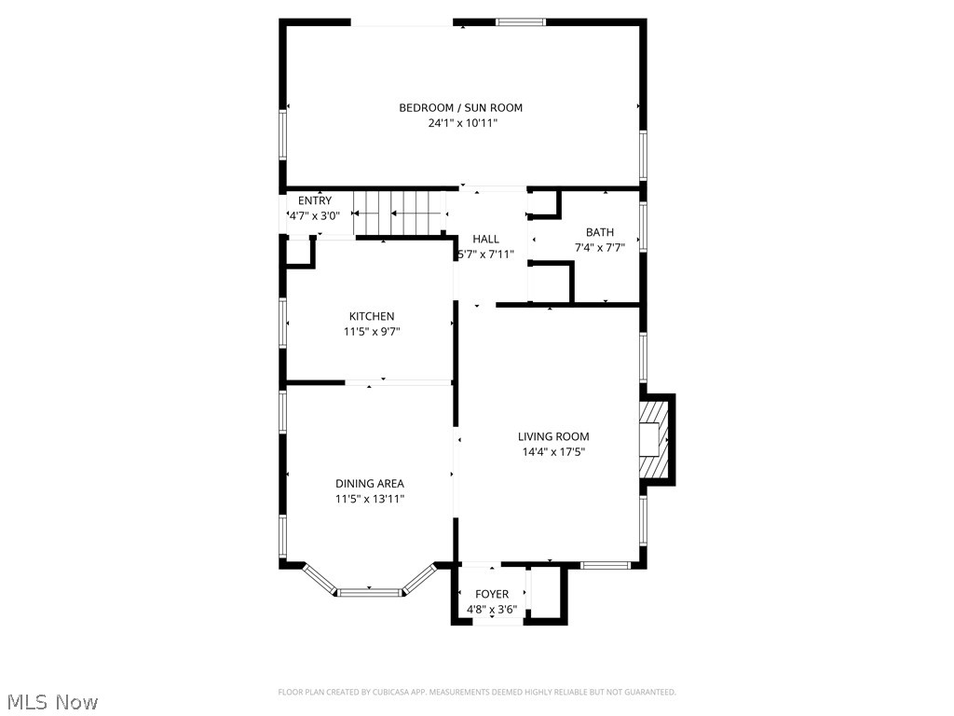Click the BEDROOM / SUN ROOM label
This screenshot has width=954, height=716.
pyautogui.click(x=460, y=108)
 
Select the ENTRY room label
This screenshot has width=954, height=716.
pyautogui.click(x=315, y=201)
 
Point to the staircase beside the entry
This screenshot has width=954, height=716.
pyautogui.click(x=398, y=213)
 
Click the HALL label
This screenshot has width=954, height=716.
pyautogui.click(x=485, y=240)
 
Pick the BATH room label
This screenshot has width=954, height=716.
pyautogui.click(x=600, y=233)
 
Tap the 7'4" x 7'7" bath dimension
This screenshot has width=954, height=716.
pyautogui.click(x=600, y=248)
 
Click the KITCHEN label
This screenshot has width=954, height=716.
pyautogui.click(x=372, y=317)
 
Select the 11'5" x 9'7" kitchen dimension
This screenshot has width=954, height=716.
pyautogui.click(x=372, y=332)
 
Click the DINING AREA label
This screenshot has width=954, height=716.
pyautogui.click(x=370, y=484)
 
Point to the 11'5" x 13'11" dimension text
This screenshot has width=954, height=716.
pyautogui.click(x=370, y=499)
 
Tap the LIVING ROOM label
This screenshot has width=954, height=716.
pyautogui.click(x=553, y=436)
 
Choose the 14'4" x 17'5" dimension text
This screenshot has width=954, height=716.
pyautogui.click(x=553, y=452)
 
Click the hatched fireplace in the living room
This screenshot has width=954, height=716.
pyautogui.click(x=656, y=439)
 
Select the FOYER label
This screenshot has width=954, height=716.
pyautogui.click(x=492, y=595)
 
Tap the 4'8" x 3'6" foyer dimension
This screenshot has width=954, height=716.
pyautogui.click(x=492, y=610)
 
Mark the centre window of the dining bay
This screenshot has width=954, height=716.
pyautogui.click(x=369, y=591)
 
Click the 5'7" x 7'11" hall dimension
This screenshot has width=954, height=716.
pyautogui.click(x=485, y=254)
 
